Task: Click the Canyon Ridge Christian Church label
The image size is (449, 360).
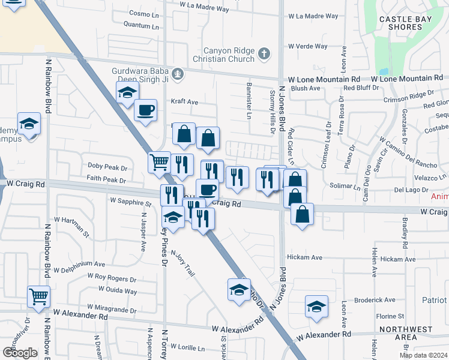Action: tap(220, 55)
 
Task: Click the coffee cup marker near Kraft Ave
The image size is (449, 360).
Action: tap(145, 110)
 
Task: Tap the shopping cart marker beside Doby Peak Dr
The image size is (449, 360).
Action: tap(160, 161)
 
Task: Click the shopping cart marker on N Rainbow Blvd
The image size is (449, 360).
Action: tap(38, 296)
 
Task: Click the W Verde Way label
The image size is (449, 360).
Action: tap(307, 46)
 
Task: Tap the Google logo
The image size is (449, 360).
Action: tap(20, 353)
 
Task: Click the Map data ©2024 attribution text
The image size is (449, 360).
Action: tap(422, 355)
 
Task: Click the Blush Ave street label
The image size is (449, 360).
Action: tap(306, 88)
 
